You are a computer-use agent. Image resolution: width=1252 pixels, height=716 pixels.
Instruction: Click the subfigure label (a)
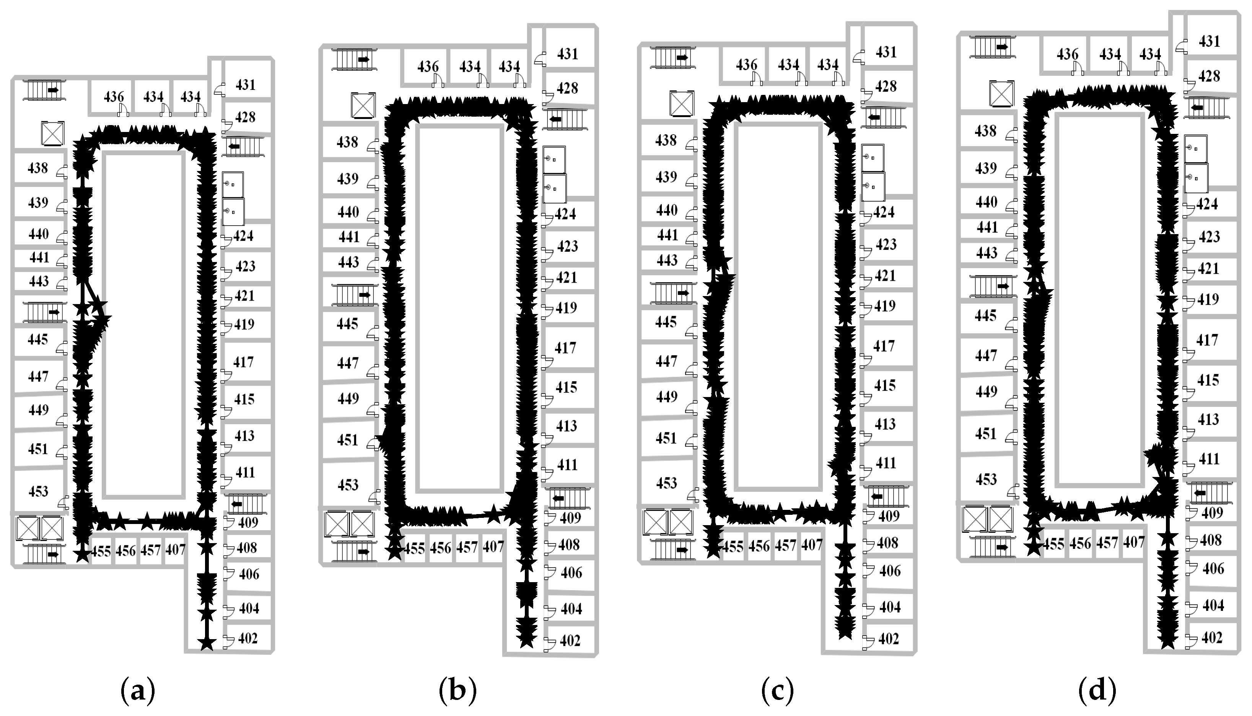click(x=138, y=690)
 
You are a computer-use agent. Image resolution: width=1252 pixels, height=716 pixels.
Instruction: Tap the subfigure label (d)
click(x=1097, y=690)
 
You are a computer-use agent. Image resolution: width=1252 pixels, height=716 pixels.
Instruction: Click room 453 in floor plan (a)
click(x=38, y=491)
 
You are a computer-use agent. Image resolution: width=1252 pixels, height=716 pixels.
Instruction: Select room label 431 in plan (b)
click(x=568, y=54)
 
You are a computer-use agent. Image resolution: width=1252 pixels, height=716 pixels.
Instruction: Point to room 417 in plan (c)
click(x=884, y=346)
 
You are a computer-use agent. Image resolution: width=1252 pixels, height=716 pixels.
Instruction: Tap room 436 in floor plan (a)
click(x=114, y=96)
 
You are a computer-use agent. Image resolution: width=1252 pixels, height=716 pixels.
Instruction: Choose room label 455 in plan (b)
click(x=414, y=548)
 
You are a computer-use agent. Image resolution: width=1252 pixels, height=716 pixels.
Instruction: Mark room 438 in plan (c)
click(x=666, y=140)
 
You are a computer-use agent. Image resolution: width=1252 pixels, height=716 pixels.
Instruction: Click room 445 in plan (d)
click(x=985, y=315)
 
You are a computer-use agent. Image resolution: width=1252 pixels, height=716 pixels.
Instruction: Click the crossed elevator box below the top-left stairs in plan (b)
click(x=363, y=105)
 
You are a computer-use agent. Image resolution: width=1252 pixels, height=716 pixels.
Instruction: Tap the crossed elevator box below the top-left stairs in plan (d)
click(x=1002, y=93)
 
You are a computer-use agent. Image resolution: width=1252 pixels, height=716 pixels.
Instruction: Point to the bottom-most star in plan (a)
click(x=207, y=643)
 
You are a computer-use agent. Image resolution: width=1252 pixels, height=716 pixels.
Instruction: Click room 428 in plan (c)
click(x=886, y=86)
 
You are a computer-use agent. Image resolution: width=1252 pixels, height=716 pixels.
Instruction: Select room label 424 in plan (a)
click(x=243, y=236)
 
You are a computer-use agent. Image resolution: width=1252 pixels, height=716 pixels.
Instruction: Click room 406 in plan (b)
click(x=571, y=573)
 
